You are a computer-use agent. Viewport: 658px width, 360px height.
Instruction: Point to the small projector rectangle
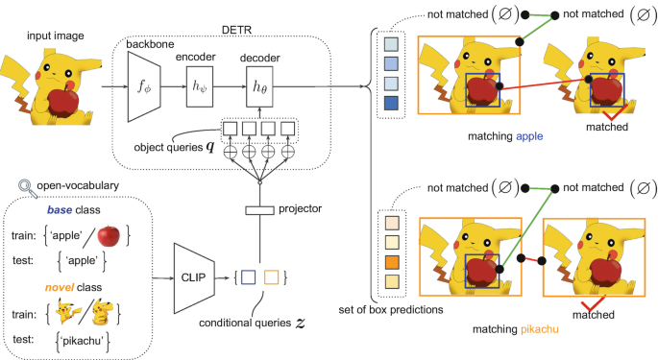pos(258,210)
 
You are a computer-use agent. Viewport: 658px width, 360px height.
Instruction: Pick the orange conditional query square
pos(272,278)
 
